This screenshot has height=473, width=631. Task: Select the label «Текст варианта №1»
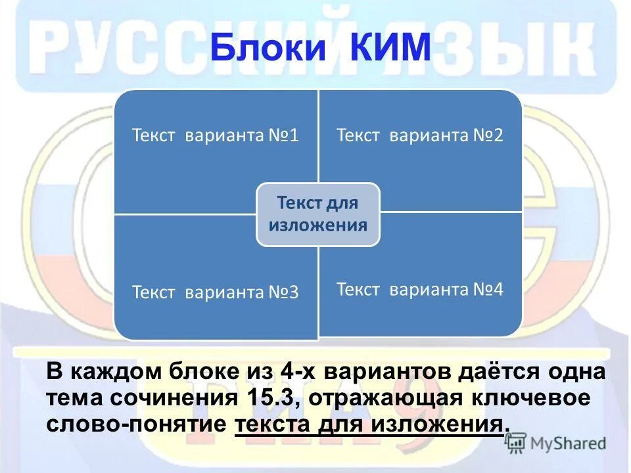click(216, 136)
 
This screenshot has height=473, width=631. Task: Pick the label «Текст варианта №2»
click(420, 136)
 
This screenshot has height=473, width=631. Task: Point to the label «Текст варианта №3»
click(216, 292)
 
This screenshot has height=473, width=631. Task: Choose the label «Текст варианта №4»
click(420, 289)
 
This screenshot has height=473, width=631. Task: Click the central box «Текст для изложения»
click(318, 214)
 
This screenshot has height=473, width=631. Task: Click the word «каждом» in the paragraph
click(115, 372)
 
